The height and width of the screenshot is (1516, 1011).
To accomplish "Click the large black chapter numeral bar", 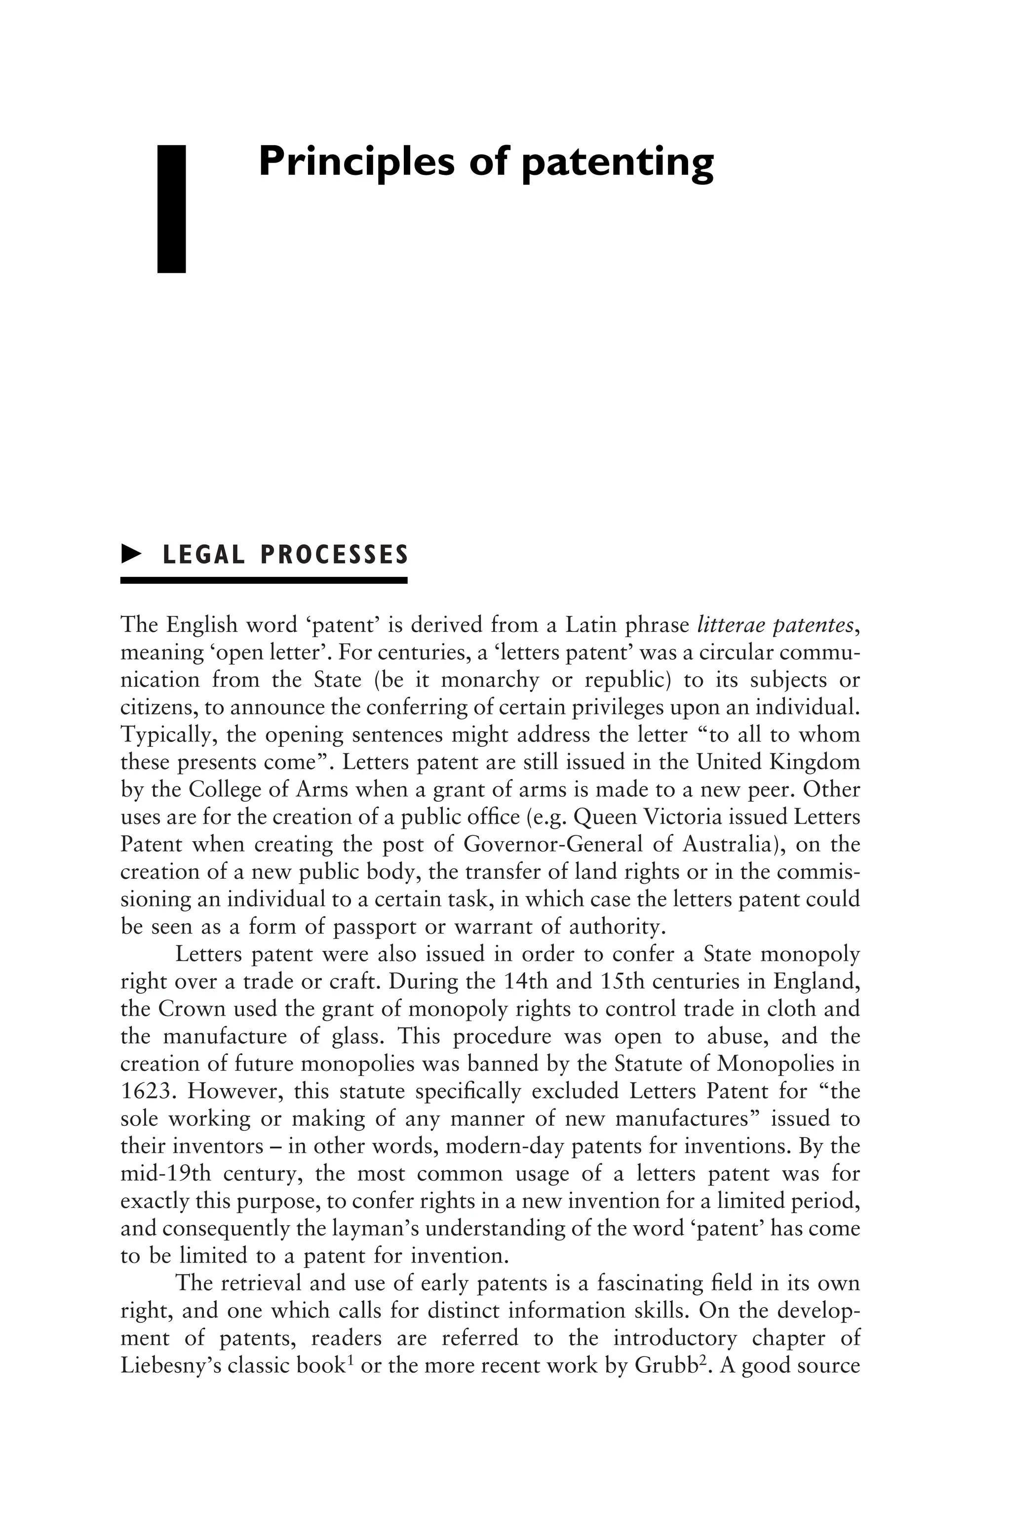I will pyautogui.click(x=171, y=208).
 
